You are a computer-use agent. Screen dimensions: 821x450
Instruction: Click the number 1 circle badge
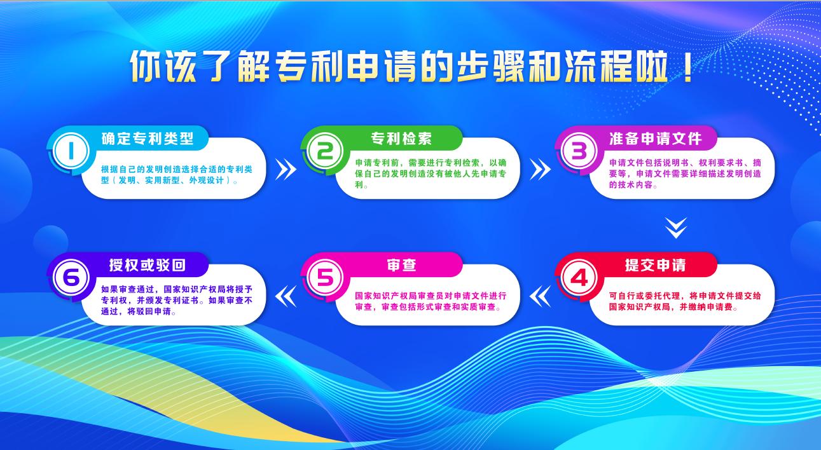coord(71,151)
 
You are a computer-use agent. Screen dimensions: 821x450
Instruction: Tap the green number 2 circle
coord(325,151)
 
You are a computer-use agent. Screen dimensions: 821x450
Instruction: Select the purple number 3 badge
coord(579,151)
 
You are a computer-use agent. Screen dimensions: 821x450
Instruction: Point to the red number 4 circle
coord(579,277)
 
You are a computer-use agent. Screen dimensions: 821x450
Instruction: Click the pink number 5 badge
coord(325,277)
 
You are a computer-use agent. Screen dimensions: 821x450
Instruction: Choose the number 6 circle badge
coord(71,277)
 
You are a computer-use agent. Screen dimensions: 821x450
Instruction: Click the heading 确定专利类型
coord(148,139)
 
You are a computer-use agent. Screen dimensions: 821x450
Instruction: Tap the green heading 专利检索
coord(401,139)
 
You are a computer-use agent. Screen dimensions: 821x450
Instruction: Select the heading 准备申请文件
coord(655,139)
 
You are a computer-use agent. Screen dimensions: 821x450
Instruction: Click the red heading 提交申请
coord(655,265)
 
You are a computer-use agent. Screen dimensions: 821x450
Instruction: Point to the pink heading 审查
coord(401,265)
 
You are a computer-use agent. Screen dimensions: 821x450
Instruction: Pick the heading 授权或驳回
coord(148,265)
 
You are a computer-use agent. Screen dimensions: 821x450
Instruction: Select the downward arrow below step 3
coord(676,228)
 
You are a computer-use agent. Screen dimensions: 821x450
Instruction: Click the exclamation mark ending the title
coord(688,67)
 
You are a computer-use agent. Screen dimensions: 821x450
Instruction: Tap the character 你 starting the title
coord(146,67)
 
